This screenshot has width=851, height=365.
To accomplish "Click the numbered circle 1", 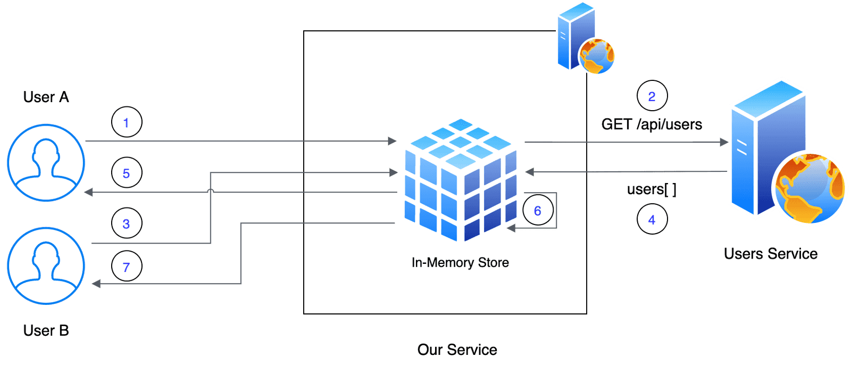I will [x=127, y=122].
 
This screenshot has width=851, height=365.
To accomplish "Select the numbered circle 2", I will [x=652, y=96].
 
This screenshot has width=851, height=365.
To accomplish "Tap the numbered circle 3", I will [x=127, y=223].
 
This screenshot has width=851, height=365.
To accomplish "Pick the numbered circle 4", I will [x=652, y=219].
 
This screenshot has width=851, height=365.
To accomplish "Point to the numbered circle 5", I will [x=127, y=173].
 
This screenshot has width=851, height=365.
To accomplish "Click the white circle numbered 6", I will [x=538, y=210].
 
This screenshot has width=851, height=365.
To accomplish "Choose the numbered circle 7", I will [x=127, y=266].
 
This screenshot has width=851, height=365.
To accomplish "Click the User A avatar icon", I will [x=46, y=163].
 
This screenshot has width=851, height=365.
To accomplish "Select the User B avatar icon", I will [x=46, y=266].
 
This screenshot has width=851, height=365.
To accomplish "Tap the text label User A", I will [x=46, y=97].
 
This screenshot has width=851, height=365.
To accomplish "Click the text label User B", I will [x=46, y=330].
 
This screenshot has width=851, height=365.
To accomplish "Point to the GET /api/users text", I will [x=652, y=125].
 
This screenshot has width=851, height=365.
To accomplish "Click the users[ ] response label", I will [x=652, y=189].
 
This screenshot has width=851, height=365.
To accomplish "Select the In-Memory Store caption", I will [x=460, y=262].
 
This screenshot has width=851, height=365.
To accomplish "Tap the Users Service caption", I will [x=770, y=254].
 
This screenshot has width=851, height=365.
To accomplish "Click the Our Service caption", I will [x=457, y=350].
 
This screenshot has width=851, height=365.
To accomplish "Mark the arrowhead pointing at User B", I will [x=96, y=284].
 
